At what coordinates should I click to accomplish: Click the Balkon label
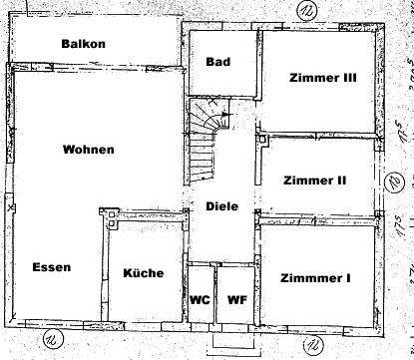[83, 44]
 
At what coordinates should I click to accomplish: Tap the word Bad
[218, 62]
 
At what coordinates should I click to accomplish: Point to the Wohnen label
[89, 150]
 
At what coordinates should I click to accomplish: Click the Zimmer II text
[315, 180]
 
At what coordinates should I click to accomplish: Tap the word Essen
[51, 267]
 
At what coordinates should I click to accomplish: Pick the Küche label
[144, 272]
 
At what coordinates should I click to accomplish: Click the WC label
[201, 299]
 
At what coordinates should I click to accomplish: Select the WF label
[236, 299]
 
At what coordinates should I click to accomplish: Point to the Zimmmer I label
[315, 278]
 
